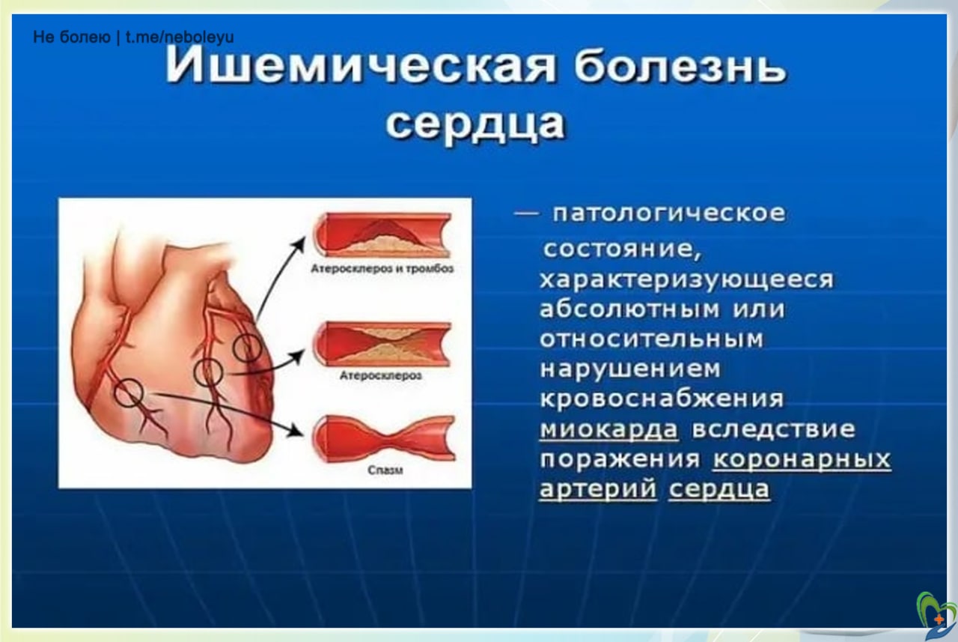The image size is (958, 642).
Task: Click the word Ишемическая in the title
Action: (x=360, y=67)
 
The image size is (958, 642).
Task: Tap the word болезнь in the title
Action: (x=681, y=67)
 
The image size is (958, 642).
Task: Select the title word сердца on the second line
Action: (x=475, y=125)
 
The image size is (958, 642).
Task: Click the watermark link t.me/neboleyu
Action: (x=180, y=37)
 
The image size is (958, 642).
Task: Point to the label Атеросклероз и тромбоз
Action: (x=382, y=269)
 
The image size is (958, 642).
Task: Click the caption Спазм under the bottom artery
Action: (x=385, y=470)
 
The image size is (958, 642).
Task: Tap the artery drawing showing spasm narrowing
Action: (x=384, y=438)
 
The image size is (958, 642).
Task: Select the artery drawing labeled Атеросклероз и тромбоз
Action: (x=382, y=236)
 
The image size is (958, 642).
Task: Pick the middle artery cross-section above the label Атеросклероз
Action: (x=382, y=344)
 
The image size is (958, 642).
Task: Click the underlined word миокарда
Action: (x=609, y=429)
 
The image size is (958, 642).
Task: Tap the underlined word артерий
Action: (x=598, y=489)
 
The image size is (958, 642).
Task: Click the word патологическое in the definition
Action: (x=669, y=214)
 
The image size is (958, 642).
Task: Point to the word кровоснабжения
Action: (x=662, y=399)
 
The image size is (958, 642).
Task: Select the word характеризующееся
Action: (x=687, y=280)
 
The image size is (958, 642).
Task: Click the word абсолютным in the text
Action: (x=629, y=309)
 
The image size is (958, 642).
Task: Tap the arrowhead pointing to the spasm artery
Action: (x=296, y=431)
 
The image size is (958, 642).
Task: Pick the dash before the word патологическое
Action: (x=526, y=214)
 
